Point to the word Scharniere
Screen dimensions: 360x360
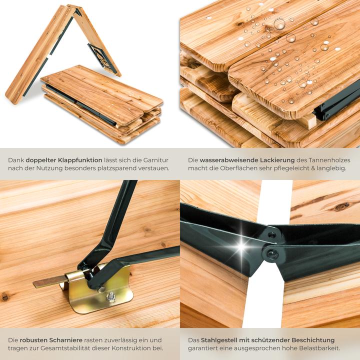[67, 340]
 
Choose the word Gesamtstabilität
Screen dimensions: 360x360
[65, 348]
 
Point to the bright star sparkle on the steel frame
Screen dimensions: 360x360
[241, 247]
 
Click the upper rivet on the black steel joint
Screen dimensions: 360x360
[272, 235]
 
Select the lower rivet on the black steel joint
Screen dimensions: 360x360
[273, 254]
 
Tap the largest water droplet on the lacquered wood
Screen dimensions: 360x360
[279, 24]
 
